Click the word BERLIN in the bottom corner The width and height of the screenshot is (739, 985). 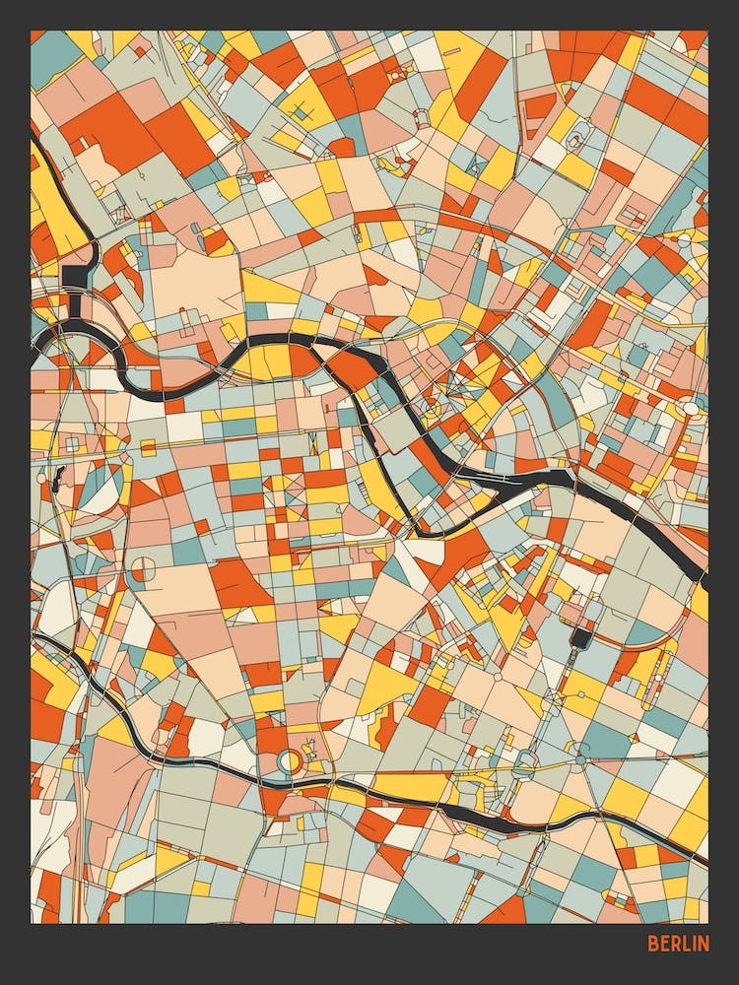[x=678, y=944]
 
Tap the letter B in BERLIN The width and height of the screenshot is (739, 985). [x=652, y=944]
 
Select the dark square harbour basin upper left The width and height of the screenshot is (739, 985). [x=77, y=276]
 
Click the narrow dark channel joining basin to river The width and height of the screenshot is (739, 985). [x=75, y=305]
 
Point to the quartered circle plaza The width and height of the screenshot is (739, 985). [x=144, y=569]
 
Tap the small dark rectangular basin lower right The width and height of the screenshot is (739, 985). [x=581, y=638]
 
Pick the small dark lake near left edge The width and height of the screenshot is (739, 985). [x=57, y=481]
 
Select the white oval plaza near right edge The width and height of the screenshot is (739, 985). [x=691, y=408]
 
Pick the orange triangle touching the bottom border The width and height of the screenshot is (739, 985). [x=508, y=911]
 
